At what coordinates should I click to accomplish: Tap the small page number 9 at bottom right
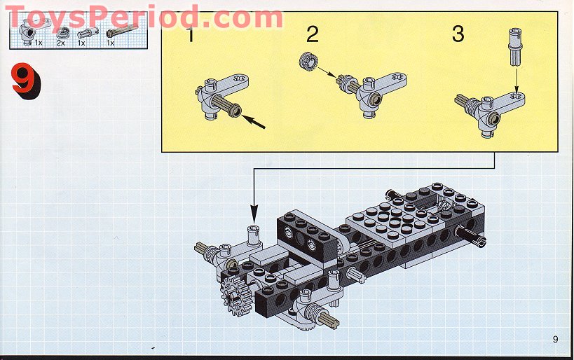555,340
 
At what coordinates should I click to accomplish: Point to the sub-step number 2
313,33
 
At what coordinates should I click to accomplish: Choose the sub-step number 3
458,34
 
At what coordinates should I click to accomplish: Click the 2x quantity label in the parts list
60,43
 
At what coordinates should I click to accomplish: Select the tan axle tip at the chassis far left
202,247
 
